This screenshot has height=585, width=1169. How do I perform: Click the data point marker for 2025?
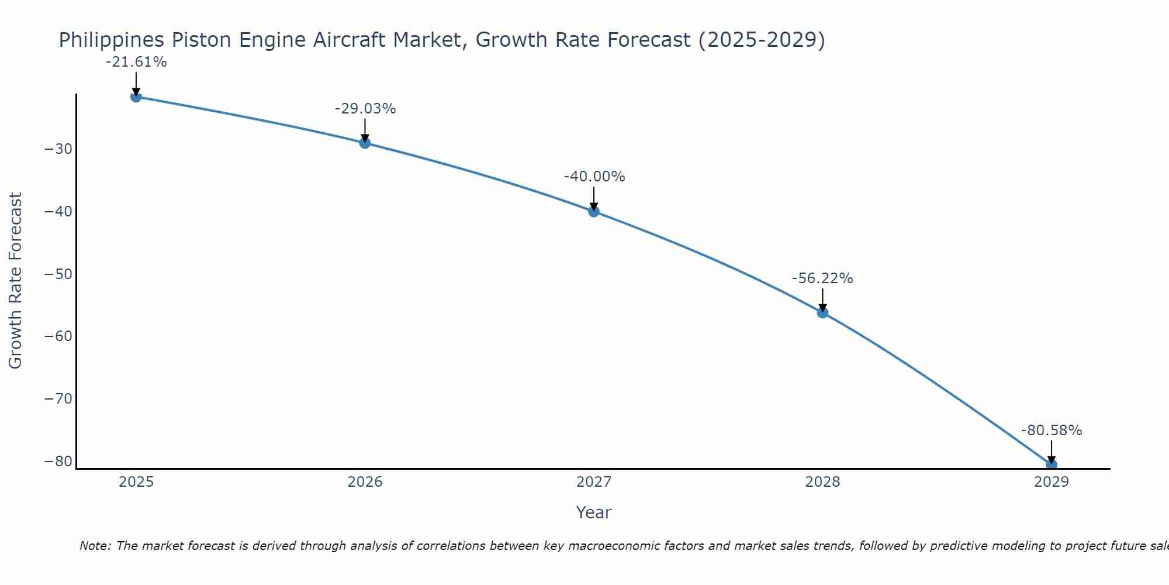(x=136, y=97)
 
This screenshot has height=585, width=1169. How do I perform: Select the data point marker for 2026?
(x=365, y=143)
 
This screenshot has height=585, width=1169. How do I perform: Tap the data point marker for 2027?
(x=594, y=211)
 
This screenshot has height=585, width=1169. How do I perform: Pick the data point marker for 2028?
(x=822, y=313)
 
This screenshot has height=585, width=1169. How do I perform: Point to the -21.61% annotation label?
(x=136, y=62)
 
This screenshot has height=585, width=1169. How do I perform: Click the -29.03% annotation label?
(x=365, y=109)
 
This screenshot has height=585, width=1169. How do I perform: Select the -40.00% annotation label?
(x=594, y=177)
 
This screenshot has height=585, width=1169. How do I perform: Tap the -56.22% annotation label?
(x=822, y=278)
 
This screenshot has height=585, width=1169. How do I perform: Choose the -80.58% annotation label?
(x=1052, y=431)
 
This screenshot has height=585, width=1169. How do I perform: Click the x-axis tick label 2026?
(x=365, y=482)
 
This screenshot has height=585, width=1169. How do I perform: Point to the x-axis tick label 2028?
(x=822, y=482)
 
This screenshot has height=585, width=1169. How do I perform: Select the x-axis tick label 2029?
(x=1052, y=482)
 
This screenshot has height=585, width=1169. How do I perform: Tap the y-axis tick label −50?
(x=58, y=274)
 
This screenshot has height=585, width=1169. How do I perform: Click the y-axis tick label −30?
(x=58, y=149)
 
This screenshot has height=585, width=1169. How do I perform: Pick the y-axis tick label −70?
(x=58, y=399)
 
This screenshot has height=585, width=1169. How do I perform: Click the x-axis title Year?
(x=594, y=512)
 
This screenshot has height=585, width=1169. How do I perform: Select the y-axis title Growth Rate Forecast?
(x=16, y=281)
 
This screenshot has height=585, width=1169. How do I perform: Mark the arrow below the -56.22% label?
(x=822, y=300)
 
